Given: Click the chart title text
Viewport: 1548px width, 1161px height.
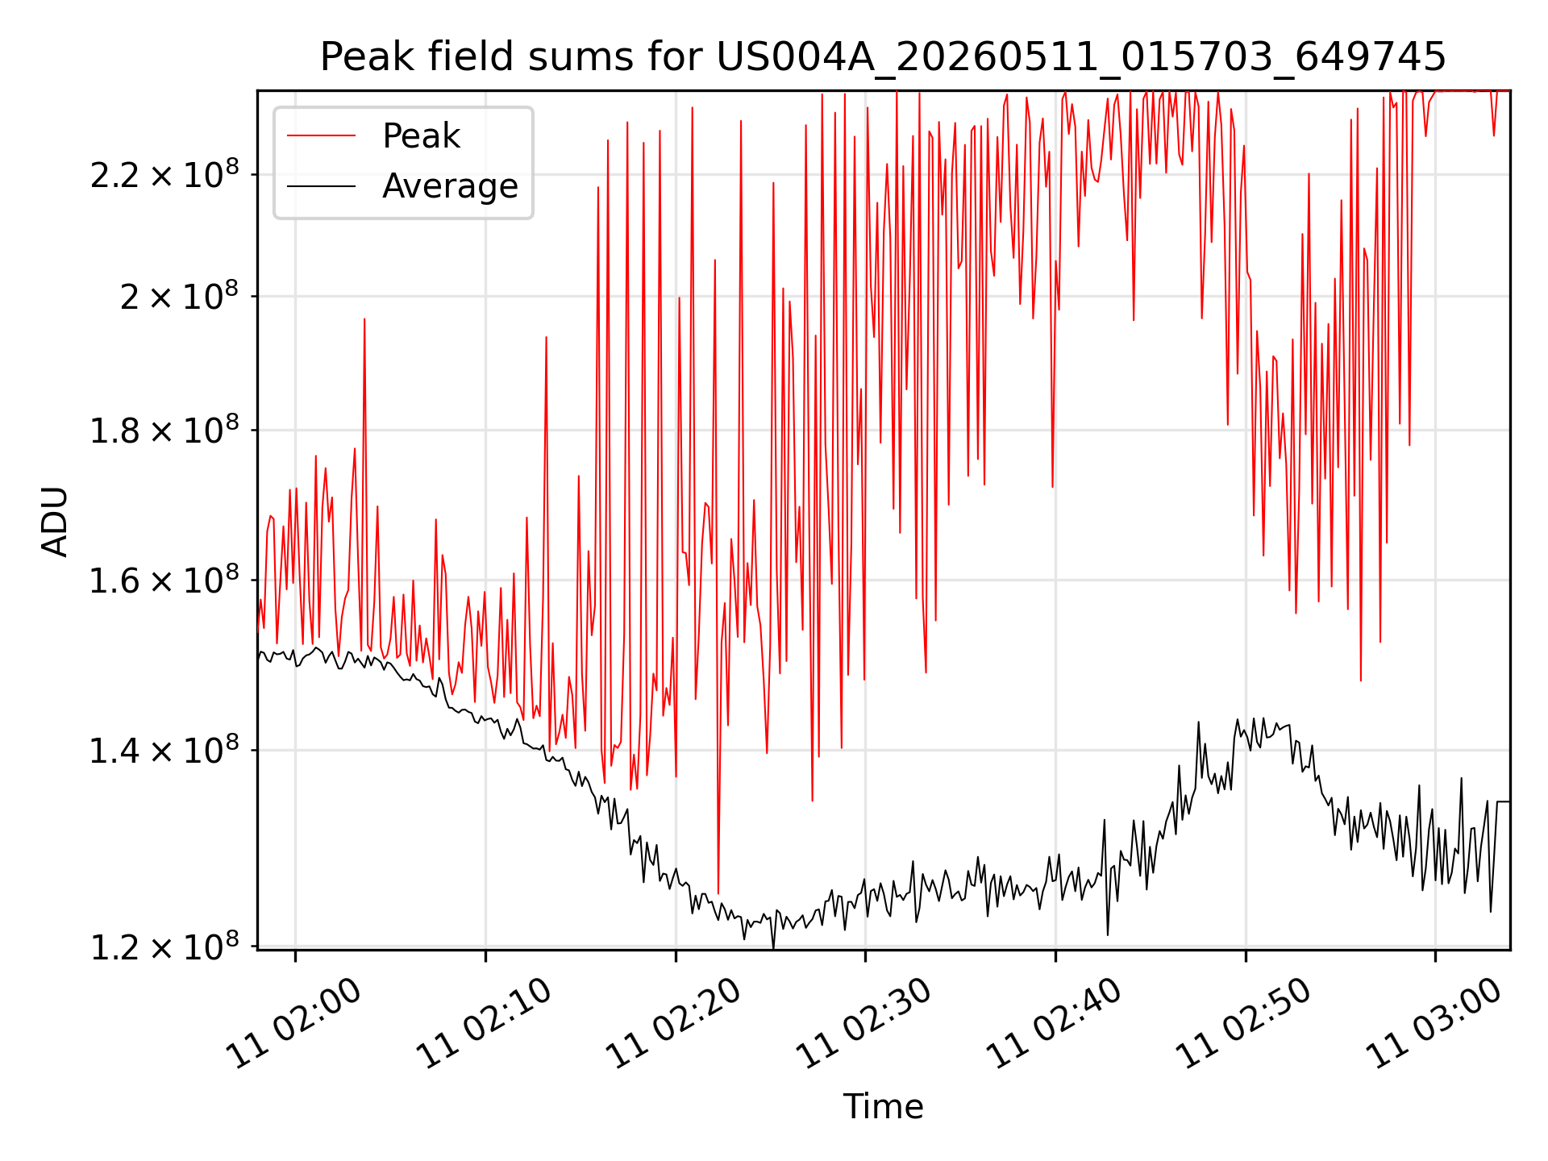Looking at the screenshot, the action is (883, 57).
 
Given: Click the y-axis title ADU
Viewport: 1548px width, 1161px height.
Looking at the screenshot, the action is (55, 521).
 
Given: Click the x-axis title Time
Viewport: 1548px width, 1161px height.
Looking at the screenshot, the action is (883, 1106).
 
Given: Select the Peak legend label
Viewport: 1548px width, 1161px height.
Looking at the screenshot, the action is (421, 136).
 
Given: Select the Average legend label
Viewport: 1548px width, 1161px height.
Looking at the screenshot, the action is (450, 186).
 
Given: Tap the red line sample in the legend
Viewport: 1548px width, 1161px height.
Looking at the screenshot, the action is (321, 135).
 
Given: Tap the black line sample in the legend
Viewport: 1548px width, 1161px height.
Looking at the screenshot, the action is (321, 186).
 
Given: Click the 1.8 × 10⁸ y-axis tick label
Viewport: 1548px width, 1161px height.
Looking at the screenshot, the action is (164, 430).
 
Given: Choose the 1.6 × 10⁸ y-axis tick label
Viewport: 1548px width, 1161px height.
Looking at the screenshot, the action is (164, 579).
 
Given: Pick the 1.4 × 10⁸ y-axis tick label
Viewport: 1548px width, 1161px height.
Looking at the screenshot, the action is (164, 750).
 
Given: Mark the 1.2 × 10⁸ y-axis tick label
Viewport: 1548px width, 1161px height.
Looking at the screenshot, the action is (164, 947).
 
